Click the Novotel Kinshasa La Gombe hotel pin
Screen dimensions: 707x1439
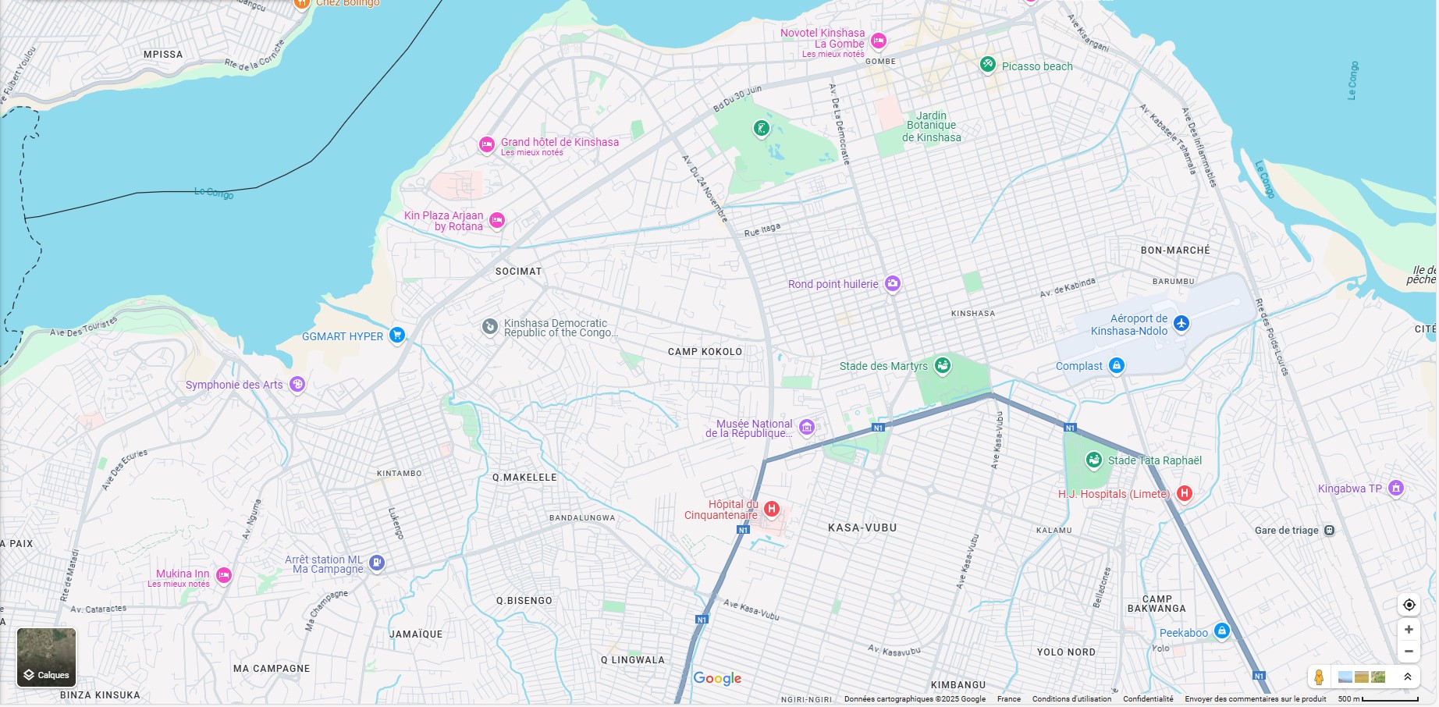879,41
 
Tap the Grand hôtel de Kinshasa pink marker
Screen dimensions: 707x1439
487,144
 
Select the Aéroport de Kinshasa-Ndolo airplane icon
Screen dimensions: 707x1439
1181,323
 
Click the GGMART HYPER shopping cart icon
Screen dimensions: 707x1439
397,336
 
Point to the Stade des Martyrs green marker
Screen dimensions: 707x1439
943,364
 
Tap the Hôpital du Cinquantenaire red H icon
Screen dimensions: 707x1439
772,509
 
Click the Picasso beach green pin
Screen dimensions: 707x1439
988,65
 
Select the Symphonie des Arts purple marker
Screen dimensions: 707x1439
297,384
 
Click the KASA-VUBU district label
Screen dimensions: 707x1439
862,528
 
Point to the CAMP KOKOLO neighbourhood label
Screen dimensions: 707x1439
705,352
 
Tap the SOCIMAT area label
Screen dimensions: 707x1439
518,272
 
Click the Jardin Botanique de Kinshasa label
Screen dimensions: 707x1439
932,126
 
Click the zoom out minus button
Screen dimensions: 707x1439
1409,652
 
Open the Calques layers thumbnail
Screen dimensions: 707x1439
47,656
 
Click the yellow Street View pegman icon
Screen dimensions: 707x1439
1319,677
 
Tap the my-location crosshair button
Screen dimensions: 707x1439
1409,605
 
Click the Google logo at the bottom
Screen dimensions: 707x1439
717,678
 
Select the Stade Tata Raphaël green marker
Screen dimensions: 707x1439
1094,460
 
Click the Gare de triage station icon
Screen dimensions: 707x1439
1330,531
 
